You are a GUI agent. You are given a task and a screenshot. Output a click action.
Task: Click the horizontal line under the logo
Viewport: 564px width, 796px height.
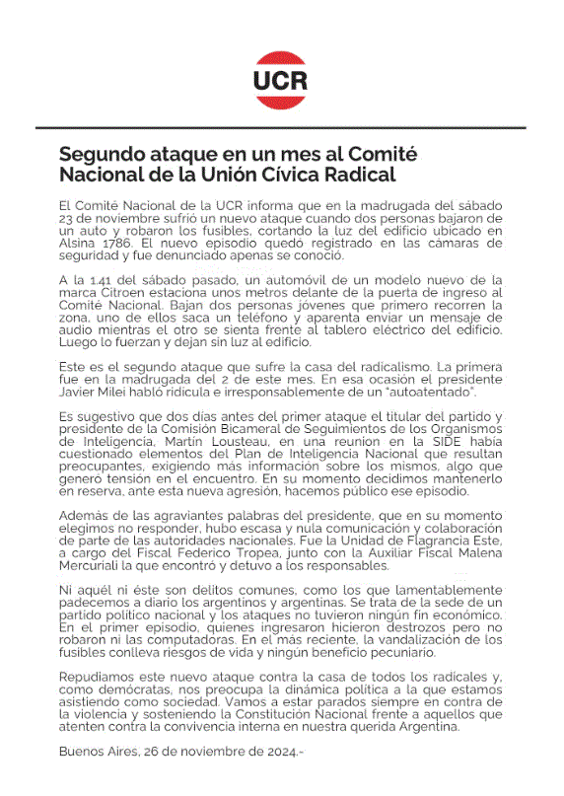point(281,127)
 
